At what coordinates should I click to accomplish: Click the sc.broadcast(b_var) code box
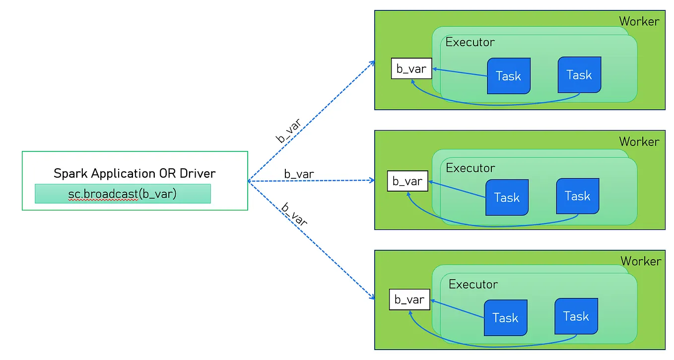click(x=123, y=194)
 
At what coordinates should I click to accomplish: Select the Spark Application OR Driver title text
click(x=135, y=173)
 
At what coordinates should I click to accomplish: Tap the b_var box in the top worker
click(x=411, y=69)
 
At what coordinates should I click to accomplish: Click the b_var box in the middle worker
click(x=407, y=181)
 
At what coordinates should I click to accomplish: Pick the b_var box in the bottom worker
click(x=409, y=299)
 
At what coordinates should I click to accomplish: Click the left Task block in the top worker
click(x=509, y=76)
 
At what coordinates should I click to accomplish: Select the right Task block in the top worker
click(x=579, y=75)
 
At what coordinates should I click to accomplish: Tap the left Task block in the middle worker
click(x=507, y=198)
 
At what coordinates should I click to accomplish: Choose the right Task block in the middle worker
click(x=578, y=196)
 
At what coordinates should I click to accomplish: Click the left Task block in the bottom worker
click(x=505, y=318)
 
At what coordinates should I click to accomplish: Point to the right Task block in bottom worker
click(x=576, y=316)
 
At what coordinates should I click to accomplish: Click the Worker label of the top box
click(x=639, y=21)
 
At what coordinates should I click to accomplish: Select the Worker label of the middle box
click(x=639, y=142)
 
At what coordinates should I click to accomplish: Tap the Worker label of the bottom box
click(x=641, y=261)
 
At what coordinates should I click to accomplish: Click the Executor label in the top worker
click(x=470, y=42)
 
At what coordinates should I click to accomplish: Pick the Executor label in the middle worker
click(x=471, y=168)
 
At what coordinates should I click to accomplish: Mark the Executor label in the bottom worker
click(x=473, y=285)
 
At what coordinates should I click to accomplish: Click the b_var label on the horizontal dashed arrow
click(x=299, y=174)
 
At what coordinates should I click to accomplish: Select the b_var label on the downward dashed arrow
click(x=294, y=215)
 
